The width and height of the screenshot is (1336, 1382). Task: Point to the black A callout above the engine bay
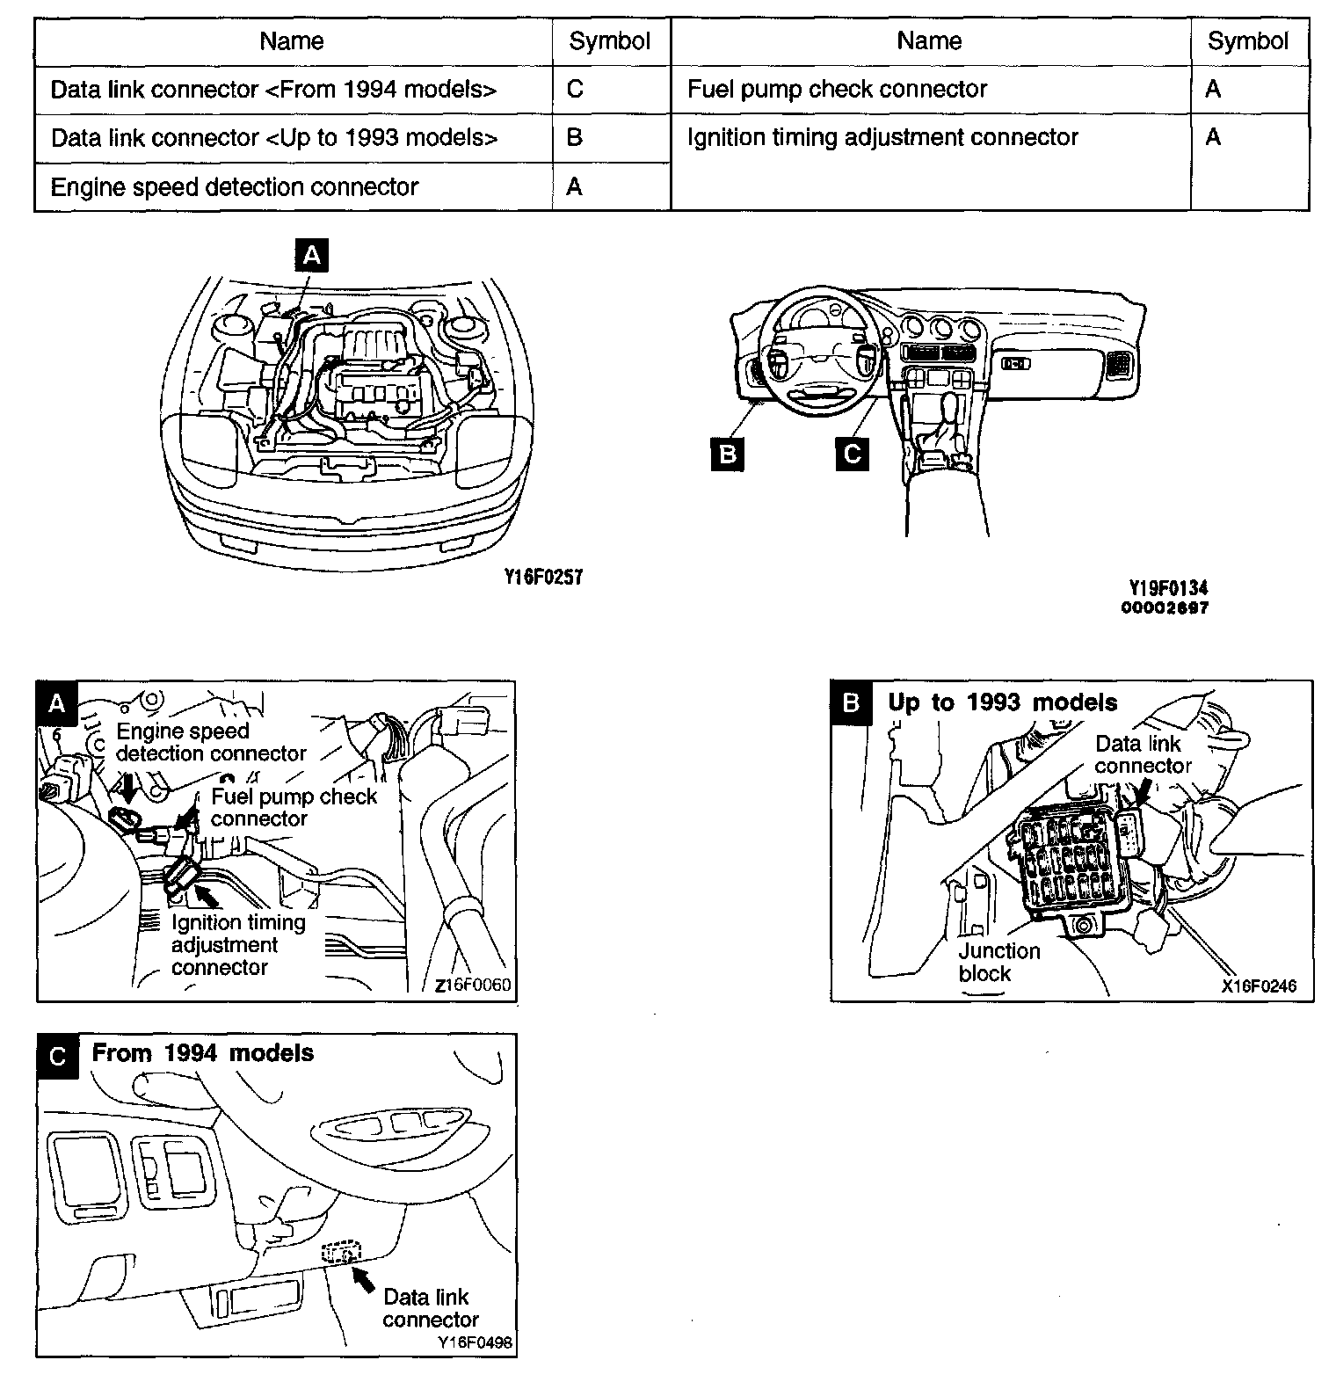[310, 256]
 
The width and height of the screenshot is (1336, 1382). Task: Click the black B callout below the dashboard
[727, 454]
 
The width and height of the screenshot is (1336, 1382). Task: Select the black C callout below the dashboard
[851, 454]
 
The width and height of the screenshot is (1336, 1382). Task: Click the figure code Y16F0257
[543, 577]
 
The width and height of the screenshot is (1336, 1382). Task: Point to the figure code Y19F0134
[1168, 588]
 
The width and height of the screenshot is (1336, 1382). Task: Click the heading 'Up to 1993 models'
[1002, 702]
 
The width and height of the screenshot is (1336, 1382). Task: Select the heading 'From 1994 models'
[202, 1053]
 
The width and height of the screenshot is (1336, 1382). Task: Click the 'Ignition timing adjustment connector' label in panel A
[237, 945]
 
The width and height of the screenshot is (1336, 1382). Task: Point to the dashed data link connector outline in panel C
[341, 1252]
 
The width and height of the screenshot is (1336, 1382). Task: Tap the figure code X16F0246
[1259, 986]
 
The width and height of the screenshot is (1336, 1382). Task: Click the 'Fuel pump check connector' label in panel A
[293, 807]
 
